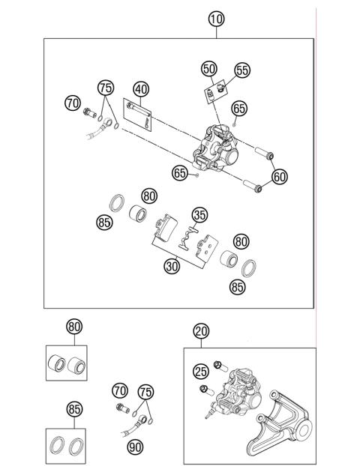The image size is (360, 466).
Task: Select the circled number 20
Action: (200, 330)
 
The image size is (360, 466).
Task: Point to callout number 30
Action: (172, 265)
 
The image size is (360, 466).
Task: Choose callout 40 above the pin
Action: (141, 88)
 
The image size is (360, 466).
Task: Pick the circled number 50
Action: (208, 69)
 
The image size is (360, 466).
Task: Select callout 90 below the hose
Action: (135, 448)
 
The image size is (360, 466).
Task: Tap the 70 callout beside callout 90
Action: (119, 390)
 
